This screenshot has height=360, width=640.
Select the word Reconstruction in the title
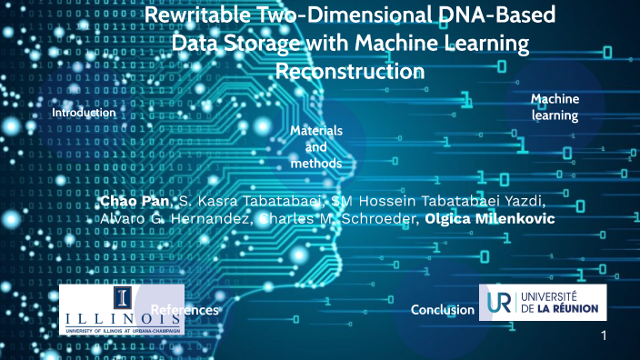pos(350,70)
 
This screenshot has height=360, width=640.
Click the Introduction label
pos(84,114)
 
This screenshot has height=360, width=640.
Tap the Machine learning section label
pos(555,107)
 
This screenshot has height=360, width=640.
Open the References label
pos(185,310)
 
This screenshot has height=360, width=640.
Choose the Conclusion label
pos(443,311)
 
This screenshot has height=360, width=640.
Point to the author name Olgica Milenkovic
pos(490,219)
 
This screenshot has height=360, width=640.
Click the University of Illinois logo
pos(122,309)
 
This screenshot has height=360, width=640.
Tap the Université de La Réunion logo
pos(543,302)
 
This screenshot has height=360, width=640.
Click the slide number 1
pos(604,337)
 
